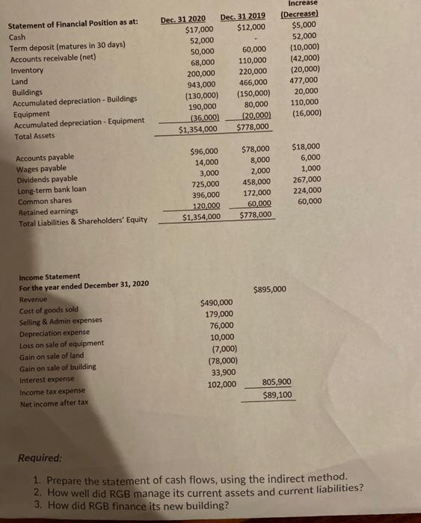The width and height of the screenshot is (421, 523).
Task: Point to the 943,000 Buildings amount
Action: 200,84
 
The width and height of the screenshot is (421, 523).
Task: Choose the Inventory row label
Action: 25,69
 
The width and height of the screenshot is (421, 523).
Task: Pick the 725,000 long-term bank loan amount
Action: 205,184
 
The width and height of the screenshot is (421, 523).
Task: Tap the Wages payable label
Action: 37,168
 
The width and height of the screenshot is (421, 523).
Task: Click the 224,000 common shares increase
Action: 307,189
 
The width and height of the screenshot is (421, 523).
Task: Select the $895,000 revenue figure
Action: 269,290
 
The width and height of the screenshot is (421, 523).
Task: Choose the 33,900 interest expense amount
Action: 222,372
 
